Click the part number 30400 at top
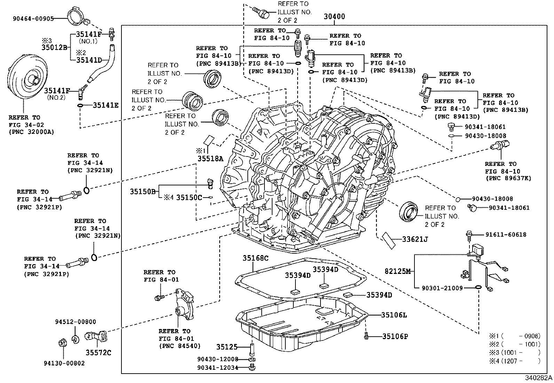coord(334,16)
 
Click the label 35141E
coord(105,105)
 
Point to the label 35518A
coord(210,159)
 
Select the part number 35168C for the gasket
coord(256,258)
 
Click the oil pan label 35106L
coord(394,315)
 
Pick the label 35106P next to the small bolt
coord(395,336)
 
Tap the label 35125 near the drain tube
coord(227,347)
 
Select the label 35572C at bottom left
coord(98,353)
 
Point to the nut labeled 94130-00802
coord(62,343)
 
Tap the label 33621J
coord(415,239)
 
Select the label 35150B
coord(143,191)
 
